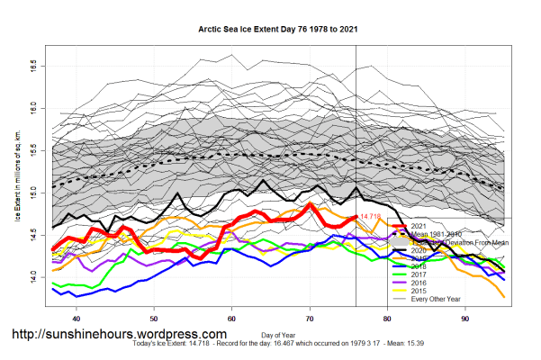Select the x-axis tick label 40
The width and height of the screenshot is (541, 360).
point(77,318)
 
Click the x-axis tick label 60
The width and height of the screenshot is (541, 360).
point(232,318)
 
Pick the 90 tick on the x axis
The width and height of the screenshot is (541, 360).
point(465,318)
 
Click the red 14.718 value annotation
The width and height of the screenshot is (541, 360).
point(371,217)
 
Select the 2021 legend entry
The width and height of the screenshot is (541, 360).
point(419,225)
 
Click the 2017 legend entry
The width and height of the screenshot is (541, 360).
point(419,275)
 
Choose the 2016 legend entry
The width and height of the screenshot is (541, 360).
point(419,283)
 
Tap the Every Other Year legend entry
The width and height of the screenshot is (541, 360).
point(435,300)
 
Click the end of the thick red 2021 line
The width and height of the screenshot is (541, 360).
point(356,217)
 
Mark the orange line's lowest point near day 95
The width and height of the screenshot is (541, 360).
point(503,296)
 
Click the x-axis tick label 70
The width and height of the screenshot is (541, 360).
point(310,318)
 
